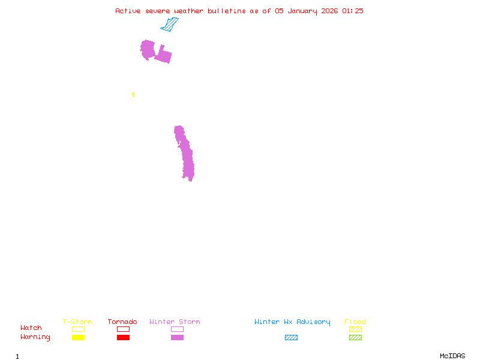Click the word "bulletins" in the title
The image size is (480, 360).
coord(227,11)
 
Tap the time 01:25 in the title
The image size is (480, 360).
coord(352,11)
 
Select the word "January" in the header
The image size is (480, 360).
coord(300,11)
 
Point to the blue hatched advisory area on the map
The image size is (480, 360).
coord(170,25)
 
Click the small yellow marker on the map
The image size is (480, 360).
coord(133,95)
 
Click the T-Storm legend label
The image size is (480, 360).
coord(77,322)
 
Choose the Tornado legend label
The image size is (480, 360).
coord(122,322)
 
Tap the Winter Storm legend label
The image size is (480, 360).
coord(175,322)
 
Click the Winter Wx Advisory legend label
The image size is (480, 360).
coord(292,322)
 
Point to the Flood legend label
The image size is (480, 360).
coord(355,322)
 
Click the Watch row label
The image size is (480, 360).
coord(31,328)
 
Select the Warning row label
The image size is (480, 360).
coord(35,337)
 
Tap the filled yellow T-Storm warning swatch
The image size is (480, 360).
coord(78,338)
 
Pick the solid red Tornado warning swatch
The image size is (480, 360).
coord(123,338)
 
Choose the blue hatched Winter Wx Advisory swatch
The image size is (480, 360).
coord(291,338)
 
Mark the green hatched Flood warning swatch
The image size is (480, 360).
coord(355,338)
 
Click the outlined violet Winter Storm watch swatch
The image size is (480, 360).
coord(177,329)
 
